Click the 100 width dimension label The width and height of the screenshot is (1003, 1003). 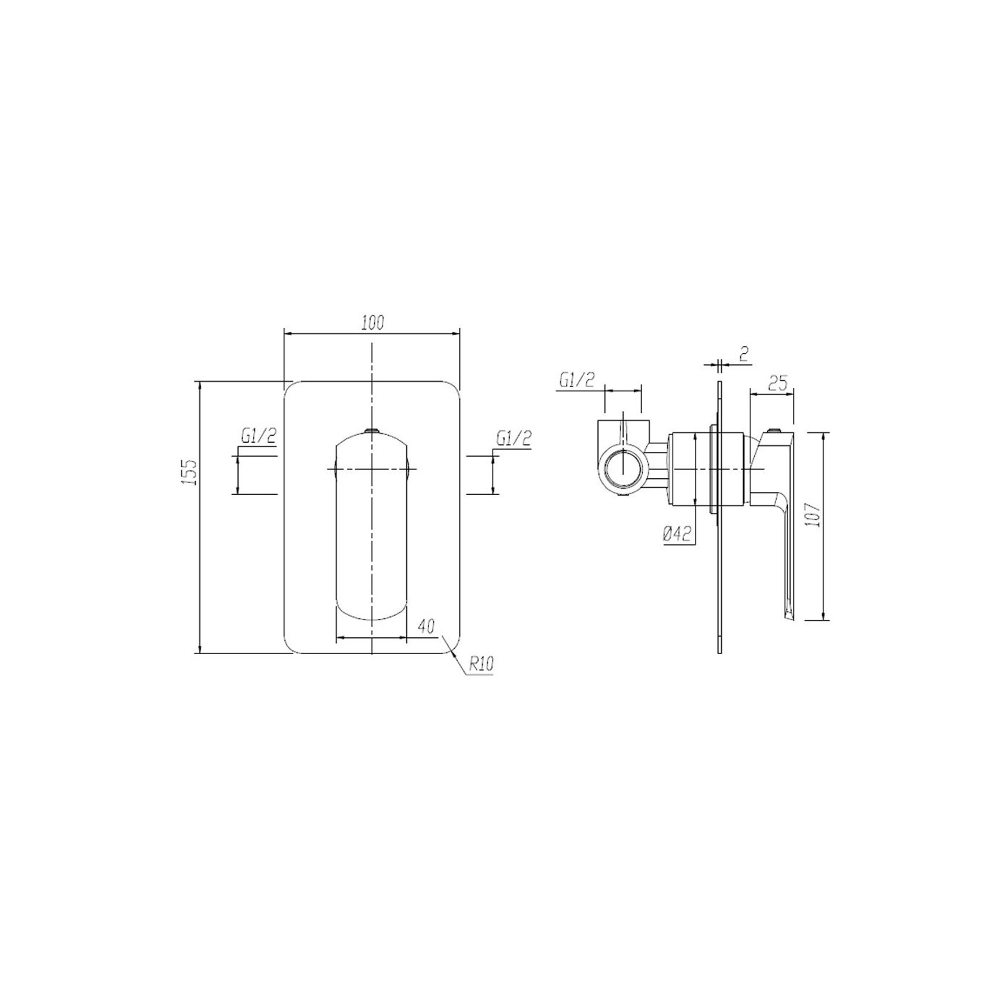pos(372,323)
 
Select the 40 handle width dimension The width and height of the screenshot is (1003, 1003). pos(425,627)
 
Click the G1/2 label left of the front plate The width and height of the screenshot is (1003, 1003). pos(259,437)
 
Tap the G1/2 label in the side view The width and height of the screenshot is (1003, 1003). pos(578,380)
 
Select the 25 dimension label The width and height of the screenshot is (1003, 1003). pos(777,383)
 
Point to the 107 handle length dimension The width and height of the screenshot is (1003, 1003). pos(812,513)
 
